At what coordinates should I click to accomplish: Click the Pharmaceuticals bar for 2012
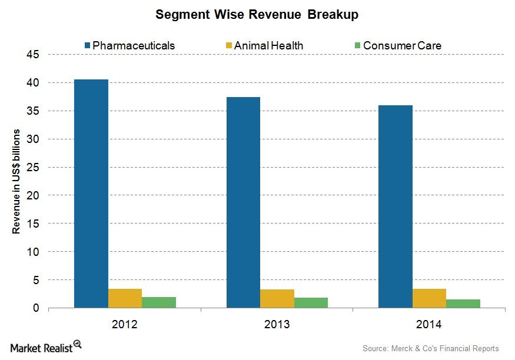(x=91, y=194)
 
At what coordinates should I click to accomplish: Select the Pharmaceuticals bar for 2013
(x=243, y=202)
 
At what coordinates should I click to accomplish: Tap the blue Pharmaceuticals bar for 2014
(x=395, y=206)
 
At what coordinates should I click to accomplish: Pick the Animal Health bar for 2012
(x=125, y=298)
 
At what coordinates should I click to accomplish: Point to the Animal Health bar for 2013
(x=277, y=299)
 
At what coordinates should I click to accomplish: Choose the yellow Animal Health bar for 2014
(x=429, y=298)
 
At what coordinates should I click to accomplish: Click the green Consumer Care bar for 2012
(x=159, y=302)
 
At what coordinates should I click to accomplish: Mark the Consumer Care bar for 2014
(x=463, y=304)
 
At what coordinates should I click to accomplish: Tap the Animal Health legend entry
(x=265, y=45)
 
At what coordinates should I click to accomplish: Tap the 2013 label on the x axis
(x=277, y=324)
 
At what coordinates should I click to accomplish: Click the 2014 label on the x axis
(x=429, y=324)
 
